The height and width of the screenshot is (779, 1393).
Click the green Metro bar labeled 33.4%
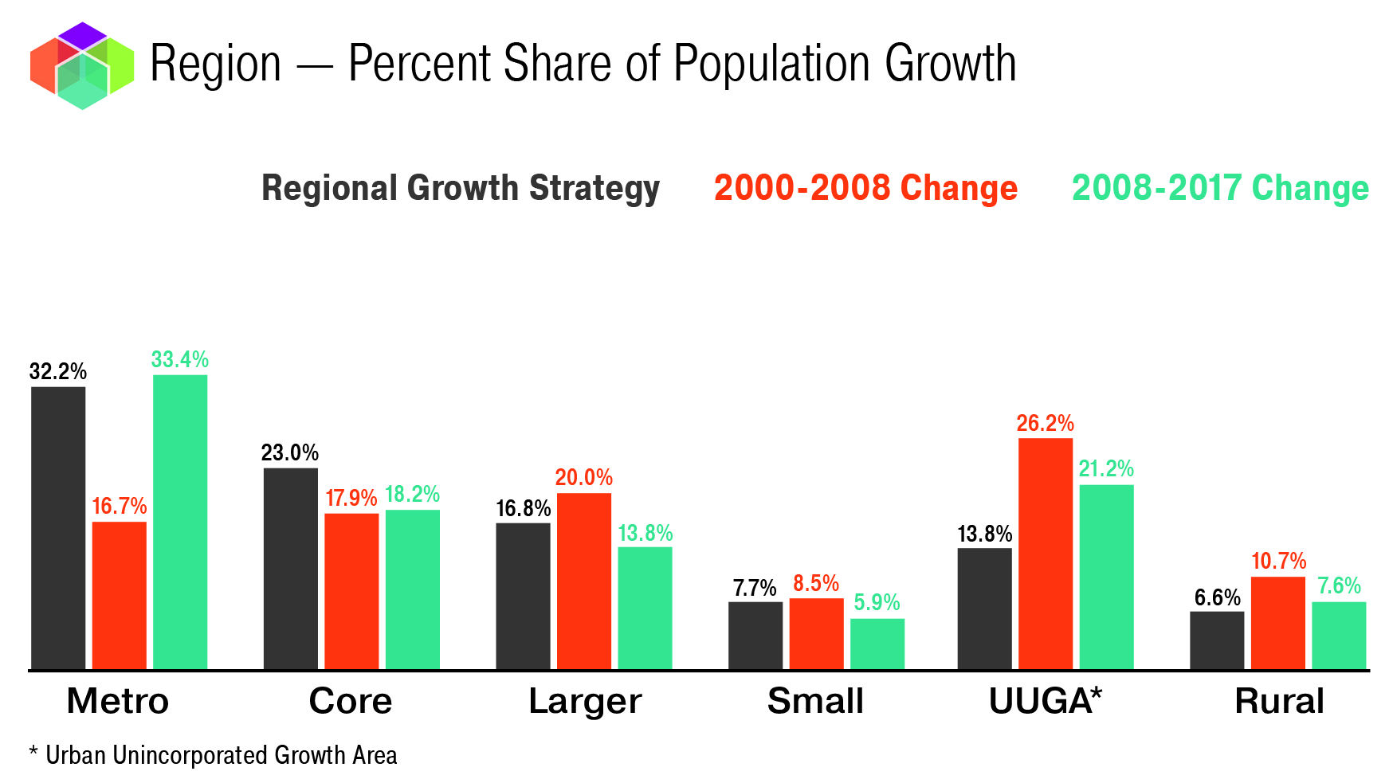pyautogui.click(x=180, y=522)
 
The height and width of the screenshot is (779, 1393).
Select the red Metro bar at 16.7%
pyautogui.click(x=120, y=595)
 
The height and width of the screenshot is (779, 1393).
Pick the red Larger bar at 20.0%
pyautogui.click(x=584, y=581)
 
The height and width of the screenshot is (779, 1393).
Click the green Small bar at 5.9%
pyautogui.click(x=877, y=644)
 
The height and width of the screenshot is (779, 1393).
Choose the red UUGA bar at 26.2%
pyautogui.click(x=1046, y=554)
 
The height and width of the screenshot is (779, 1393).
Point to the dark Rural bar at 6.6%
pyautogui.click(x=1217, y=640)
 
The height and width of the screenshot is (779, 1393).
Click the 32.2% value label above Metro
pyautogui.click(x=58, y=371)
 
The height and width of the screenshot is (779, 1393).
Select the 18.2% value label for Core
pyautogui.click(x=412, y=495)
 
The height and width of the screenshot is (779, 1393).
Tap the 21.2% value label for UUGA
pyautogui.click(x=1106, y=469)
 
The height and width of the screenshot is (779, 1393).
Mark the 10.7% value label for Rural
pyautogui.click(x=1278, y=562)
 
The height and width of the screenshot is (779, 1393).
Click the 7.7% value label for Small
pyautogui.click(x=755, y=589)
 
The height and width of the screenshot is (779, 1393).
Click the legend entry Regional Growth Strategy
pyautogui.click(x=461, y=189)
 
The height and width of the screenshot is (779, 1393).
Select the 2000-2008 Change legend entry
pyautogui.click(x=865, y=189)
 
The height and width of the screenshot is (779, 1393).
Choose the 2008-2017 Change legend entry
pyautogui.click(x=1220, y=189)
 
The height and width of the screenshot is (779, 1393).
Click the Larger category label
pyautogui.click(x=585, y=702)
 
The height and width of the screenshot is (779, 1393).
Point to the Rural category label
pyautogui.click(x=1279, y=702)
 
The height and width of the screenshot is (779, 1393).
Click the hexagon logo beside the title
pyautogui.click(x=82, y=65)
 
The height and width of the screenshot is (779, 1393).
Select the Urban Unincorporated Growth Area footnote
pyautogui.click(x=214, y=755)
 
